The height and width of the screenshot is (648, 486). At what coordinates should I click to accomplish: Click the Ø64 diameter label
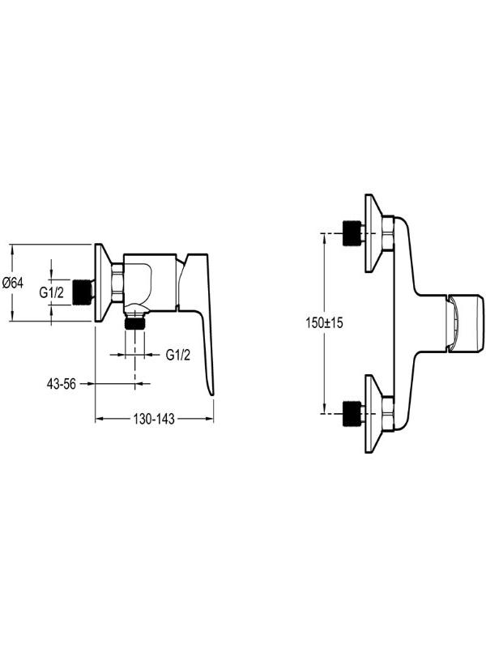(x=13, y=283)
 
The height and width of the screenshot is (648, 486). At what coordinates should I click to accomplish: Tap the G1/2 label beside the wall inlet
(x=52, y=292)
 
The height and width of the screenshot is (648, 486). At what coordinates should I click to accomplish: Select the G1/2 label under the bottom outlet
(x=178, y=355)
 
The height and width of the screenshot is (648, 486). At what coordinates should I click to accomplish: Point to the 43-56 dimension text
(x=62, y=384)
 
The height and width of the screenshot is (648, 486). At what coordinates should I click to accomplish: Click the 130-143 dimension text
(x=154, y=419)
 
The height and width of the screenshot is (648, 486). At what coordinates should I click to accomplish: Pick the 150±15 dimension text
(x=325, y=322)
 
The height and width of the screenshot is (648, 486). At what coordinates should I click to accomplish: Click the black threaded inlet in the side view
(x=82, y=292)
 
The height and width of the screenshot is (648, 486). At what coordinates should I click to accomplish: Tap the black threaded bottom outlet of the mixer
(x=134, y=322)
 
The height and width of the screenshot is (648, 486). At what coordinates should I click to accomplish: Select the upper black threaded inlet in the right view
(x=352, y=233)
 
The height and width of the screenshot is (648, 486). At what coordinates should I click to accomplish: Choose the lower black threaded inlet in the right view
(x=352, y=413)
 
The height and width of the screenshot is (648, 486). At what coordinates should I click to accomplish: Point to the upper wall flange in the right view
(x=373, y=233)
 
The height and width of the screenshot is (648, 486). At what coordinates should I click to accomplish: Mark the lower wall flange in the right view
(x=373, y=414)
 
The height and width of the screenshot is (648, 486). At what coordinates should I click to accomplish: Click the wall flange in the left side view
(x=103, y=283)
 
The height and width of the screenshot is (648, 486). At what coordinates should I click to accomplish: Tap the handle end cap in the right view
(x=464, y=323)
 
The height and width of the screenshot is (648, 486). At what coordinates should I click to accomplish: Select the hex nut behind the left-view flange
(x=117, y=283)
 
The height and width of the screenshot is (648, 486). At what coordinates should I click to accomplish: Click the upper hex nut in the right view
(x=388, y=233)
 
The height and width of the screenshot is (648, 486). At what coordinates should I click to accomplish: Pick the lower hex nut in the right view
(x=388, y=414)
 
